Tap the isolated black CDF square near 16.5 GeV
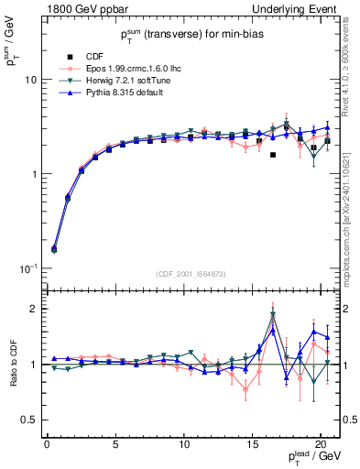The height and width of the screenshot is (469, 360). [x=273, y=155]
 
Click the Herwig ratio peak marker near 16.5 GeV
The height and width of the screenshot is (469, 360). [x=273, y=315]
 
